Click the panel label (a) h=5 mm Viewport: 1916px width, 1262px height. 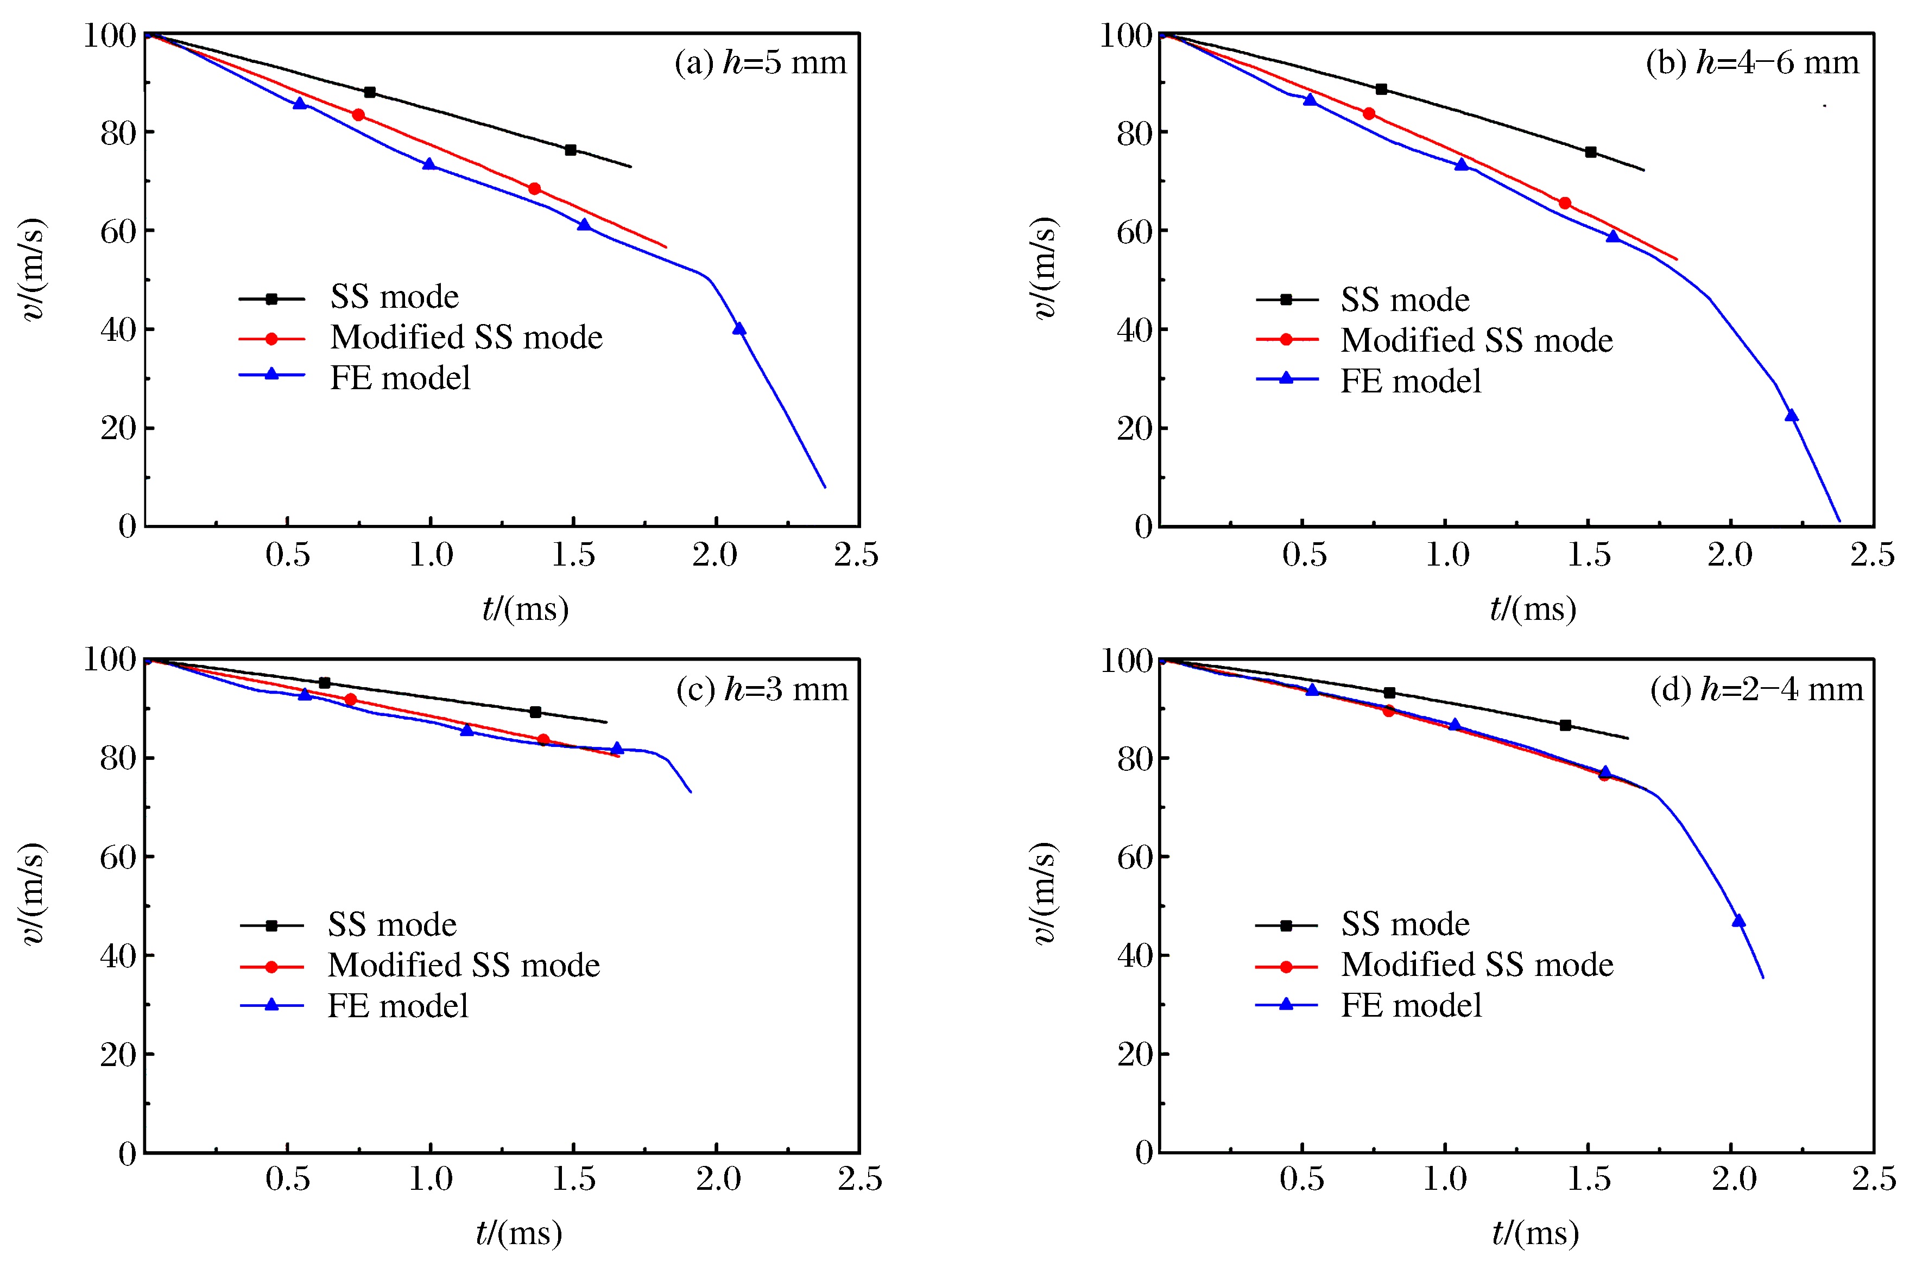[761, 63]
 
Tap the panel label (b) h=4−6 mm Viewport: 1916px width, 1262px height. [1753, 63]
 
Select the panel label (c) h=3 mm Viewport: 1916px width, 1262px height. [762, 690]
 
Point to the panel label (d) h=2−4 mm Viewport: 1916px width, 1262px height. [1756, 690]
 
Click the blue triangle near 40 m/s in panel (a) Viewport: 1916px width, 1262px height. [739, 328]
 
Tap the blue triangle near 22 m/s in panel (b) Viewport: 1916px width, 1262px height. [1791, 415]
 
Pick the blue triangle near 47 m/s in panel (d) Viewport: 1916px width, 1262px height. [1738, 921]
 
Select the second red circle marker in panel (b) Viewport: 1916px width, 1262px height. [1564, 204]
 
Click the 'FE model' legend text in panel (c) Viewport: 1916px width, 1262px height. [397, 1006]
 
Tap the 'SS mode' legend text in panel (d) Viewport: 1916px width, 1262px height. [1405, 924]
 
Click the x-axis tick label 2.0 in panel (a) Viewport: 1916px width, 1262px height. [715, 555]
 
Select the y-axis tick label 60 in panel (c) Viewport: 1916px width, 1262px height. [117, 857]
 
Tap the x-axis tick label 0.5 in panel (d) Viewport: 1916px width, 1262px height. [1302, 1180]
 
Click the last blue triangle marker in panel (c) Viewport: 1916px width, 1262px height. [617, 749]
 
